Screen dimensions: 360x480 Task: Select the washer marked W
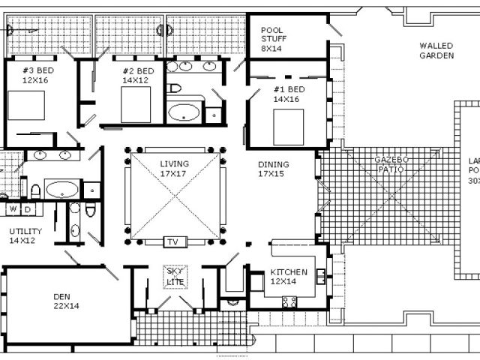[13, 209]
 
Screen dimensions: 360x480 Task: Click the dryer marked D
[28, 209]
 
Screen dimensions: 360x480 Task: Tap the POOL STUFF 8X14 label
[271, 39]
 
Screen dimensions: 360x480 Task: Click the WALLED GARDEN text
[436, 50]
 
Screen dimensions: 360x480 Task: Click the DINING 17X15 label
[273, 169]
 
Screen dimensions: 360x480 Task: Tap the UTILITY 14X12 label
[25, 235]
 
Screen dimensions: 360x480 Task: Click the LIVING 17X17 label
[174, 169]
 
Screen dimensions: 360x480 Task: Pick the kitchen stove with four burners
[289, 301]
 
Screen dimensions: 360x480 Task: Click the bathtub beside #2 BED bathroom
[184, 113]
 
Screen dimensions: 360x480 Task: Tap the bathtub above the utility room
[61, 188]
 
